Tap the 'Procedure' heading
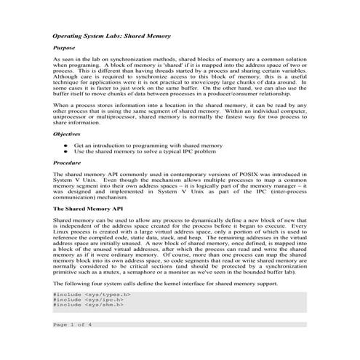68,164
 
